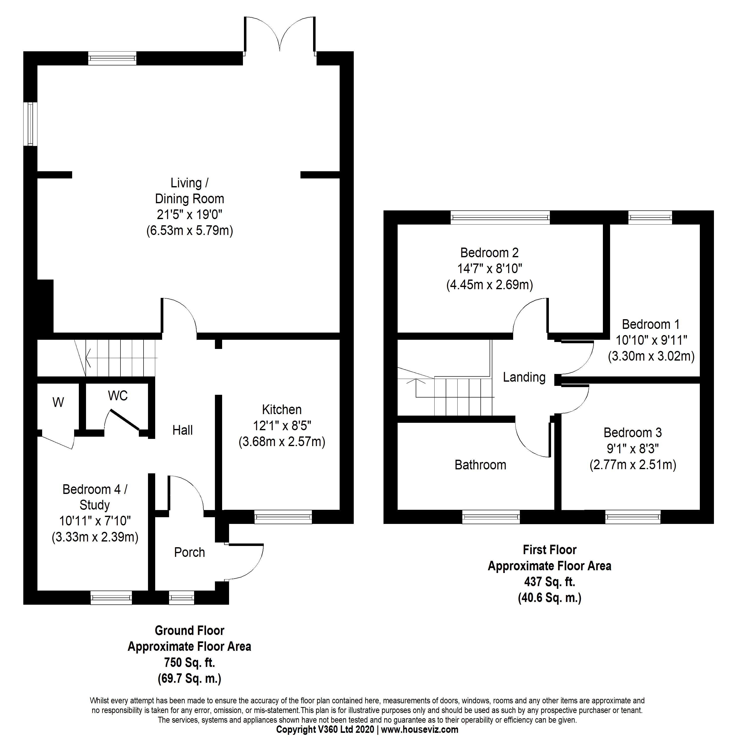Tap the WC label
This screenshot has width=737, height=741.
pyautogui.click(x=118, y=396)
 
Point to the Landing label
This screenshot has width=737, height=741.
pyautogui.click(x=524, y=377)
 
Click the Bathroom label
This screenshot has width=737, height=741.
pyautogui.click(x=480, y=465)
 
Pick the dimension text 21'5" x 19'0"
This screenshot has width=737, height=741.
pyautogui.click(x=190, y=214)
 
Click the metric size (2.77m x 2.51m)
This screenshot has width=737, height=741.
pyautogui.click(x=633, y=465)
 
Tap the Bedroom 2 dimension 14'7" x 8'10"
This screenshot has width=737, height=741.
pyautogui.click(x=490, y=268)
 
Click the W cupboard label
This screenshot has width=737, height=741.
pyautogui.click(x=58, y=402)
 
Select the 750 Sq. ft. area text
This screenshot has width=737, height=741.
pyautogui.click(x=190, y=663)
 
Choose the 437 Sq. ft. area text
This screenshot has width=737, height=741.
pyautogui.click(x=549, y=582)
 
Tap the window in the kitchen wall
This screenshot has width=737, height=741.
pyautogui.click(x=283, y=517)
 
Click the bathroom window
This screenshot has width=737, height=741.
pyautogui.click(x=491, y=517)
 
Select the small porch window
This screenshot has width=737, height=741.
pyautogui.click(x=181, y=598)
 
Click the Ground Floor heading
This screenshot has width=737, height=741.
pyautogui.click(x=190, y=630)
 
